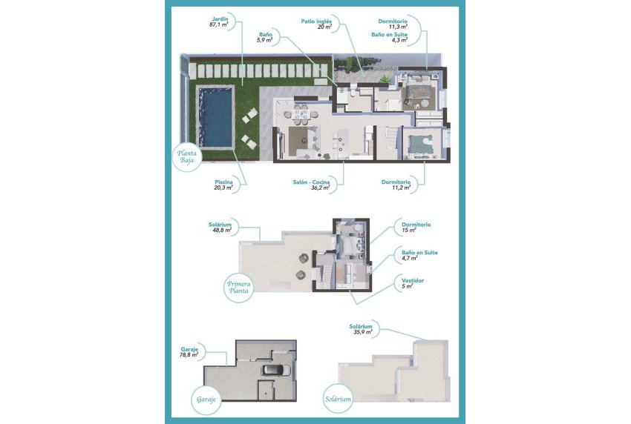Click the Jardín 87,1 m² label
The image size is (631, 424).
218,21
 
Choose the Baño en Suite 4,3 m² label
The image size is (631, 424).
390,37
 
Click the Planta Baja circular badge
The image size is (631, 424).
186,155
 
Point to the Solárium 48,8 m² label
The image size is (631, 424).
221,227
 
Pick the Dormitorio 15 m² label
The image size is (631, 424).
416,228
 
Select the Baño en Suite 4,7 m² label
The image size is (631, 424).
419,256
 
